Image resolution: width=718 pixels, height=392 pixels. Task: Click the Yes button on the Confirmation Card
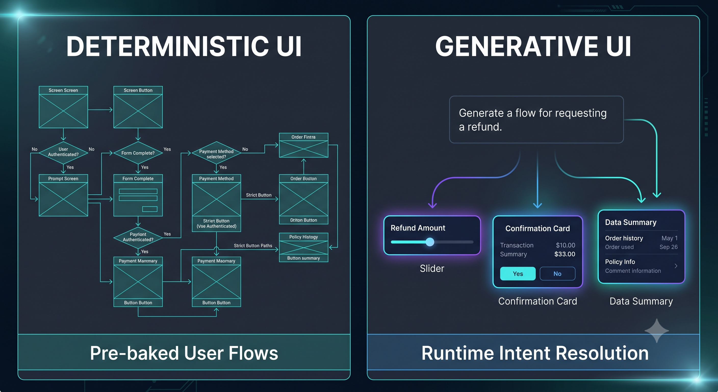518,273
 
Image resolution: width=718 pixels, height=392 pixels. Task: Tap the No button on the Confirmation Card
557,273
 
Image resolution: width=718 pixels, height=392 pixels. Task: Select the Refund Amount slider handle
430,242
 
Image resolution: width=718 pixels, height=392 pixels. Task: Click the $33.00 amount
565,254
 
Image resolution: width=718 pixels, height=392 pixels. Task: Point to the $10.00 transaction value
565,245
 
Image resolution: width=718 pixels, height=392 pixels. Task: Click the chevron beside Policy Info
676,266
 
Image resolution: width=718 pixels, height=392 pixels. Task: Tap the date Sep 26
668,247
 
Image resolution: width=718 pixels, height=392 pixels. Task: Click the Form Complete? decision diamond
138,153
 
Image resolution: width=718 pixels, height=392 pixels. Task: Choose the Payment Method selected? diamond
216,153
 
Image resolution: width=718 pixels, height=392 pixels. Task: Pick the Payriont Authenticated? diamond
138,237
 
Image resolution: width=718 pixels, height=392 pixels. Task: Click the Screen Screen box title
63,90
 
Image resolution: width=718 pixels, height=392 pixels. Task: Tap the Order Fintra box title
303,137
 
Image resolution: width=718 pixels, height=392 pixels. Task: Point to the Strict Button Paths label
253,246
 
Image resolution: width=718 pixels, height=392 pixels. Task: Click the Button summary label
303,258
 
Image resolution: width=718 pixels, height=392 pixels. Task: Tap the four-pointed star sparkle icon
657,330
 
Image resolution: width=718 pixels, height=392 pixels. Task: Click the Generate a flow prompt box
536,119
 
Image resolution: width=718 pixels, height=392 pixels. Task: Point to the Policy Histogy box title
303,237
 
